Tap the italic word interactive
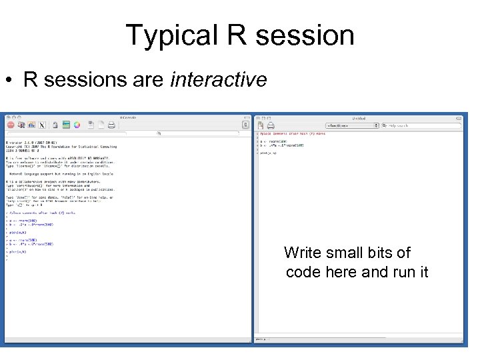tap(219, 80)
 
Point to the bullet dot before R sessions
tap(9, 81)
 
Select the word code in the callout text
tap(303, 272)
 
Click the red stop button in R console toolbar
tap(11, 125)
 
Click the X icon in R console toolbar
tap(42, 125)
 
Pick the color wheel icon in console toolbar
tap(77, 125)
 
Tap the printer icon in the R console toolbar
tap(111, 125)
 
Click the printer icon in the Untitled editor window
tap(271, 125)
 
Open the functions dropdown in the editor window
tap(352, 125)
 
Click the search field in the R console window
tap(200, 133)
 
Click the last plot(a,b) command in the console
tap(18, 252)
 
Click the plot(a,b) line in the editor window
tap(269, 153)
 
